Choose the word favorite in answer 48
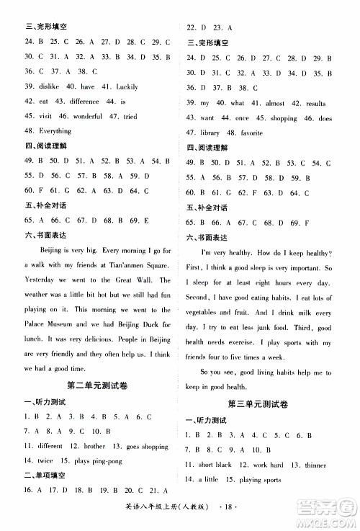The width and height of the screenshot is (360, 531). point(252,133)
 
